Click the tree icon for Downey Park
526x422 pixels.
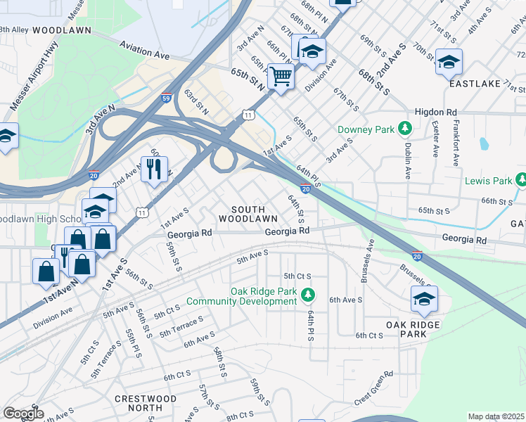coord(404,129)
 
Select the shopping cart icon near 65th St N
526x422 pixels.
coord(281,75)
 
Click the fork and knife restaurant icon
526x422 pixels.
coord(154,168)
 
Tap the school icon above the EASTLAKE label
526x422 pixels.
coord(449,62)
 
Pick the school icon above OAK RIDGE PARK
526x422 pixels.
coord(424,299)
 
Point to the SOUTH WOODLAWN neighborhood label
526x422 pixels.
coord(238,215)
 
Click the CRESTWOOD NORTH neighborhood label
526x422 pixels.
coord(146,403)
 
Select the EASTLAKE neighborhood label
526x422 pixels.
coord(475,83)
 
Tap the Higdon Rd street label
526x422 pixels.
coord(436,112)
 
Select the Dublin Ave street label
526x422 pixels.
coord(407,161)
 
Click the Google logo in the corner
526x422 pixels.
coord(23,414)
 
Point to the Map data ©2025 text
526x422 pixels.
coord(496,416)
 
